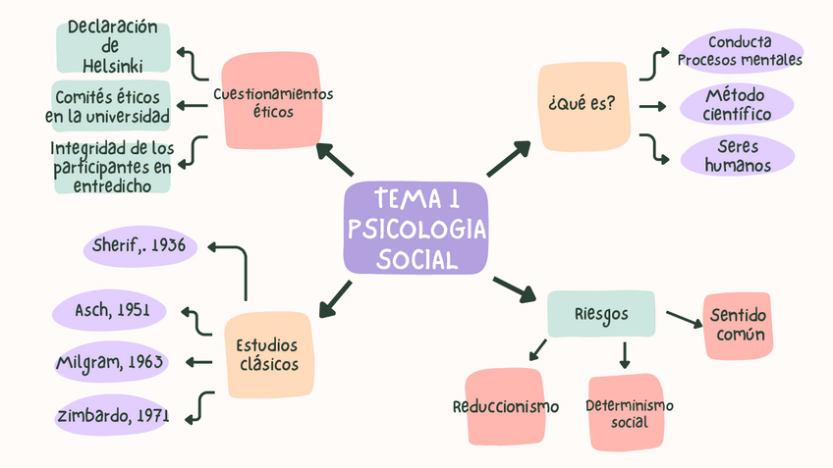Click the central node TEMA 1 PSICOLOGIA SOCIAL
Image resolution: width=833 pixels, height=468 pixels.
click(x=416, y=228)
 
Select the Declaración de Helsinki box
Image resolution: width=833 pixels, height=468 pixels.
click(x=113, y=45)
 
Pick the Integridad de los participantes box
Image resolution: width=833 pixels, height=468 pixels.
click(x=113, y=166)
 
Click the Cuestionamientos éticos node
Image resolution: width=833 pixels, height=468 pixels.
click(x=271, y=102)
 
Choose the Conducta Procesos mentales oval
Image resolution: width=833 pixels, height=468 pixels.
click(x=740, y=51)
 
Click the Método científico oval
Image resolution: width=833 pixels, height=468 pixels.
click(x=736, y=105)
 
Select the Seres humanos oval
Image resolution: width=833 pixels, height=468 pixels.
click(x=738, y=155)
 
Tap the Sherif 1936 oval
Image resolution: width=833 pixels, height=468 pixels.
click(x=140, y=245)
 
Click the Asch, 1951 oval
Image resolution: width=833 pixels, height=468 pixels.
click(x=111, y=310)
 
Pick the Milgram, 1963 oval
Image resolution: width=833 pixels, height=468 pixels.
click(x=111, y=362)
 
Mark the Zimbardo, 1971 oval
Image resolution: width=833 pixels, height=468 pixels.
click(x=111, y=414)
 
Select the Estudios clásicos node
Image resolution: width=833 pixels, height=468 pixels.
click(x=268, y=355)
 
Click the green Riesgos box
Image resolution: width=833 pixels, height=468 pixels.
click(x=600, y=314)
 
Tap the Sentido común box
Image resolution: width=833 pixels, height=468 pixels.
click(x=737, y=326)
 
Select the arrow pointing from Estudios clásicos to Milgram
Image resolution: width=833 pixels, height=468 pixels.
click(x=198, y=362)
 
